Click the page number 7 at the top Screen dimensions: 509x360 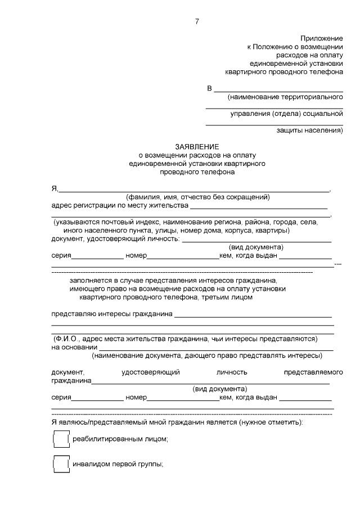(x=197, y=21)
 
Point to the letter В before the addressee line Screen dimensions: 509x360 (x=210, y=88)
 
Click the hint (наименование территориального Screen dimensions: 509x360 (x=285, y=98)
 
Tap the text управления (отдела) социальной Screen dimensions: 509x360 (x=286, y=114)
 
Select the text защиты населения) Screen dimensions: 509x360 (x=309, y=130)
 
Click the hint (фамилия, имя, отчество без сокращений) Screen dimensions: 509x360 (x=198, y=197)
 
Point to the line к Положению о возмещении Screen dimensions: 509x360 (x=295, y=47)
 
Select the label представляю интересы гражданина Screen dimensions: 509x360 (x=111, y=314)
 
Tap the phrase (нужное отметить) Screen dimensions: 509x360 (x=272, y=421)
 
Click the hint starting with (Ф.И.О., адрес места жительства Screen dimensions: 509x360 (x=186, y=339)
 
